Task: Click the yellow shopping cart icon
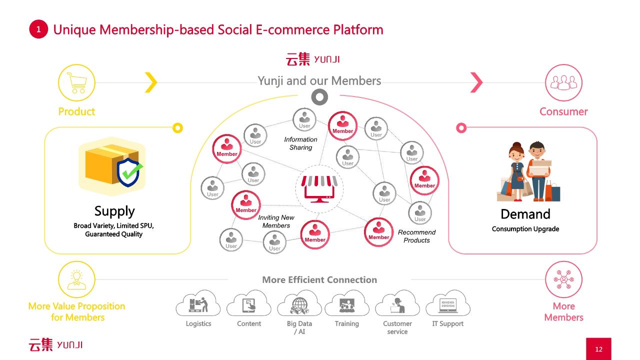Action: pyautogui.click(x=76, y=82)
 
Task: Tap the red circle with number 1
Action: pyautogui.click(x=38, y=29)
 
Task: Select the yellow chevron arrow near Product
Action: pyautogui.click(x=151, y=82)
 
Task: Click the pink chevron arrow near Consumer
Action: pyautogui.click(x=476, y=82)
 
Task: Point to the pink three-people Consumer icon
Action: pyautogui.click(x=563, y=82)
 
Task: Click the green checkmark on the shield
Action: pyautogui.click(x=132, y=170)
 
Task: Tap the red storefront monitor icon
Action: pyautogui.click(x=319, y=189)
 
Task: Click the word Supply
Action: pyautogui.click(x=114, y=211)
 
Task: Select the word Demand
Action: pyautogui.click(x=525, y=214)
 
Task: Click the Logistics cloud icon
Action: pyautogui.click(x=198, y=303)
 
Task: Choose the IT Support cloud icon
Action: pyautogui.click(x=447, y=303)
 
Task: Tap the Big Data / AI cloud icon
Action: pyautogui.click(x=299, y=303)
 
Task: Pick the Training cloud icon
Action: pyautogui.click(x=347, y=303)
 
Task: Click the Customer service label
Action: pyautogui.click(x=397, y=327)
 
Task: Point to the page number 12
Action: pyautogui.click(x=598, y=349)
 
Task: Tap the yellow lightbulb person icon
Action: pyautogui.click(x=76, y=279)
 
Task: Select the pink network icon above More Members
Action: pyautogui.click(x=563, y=279)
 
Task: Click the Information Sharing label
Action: pyautogui.click(x=300, y=143)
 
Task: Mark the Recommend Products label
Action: pyautogui.click(x=416, y=236)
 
